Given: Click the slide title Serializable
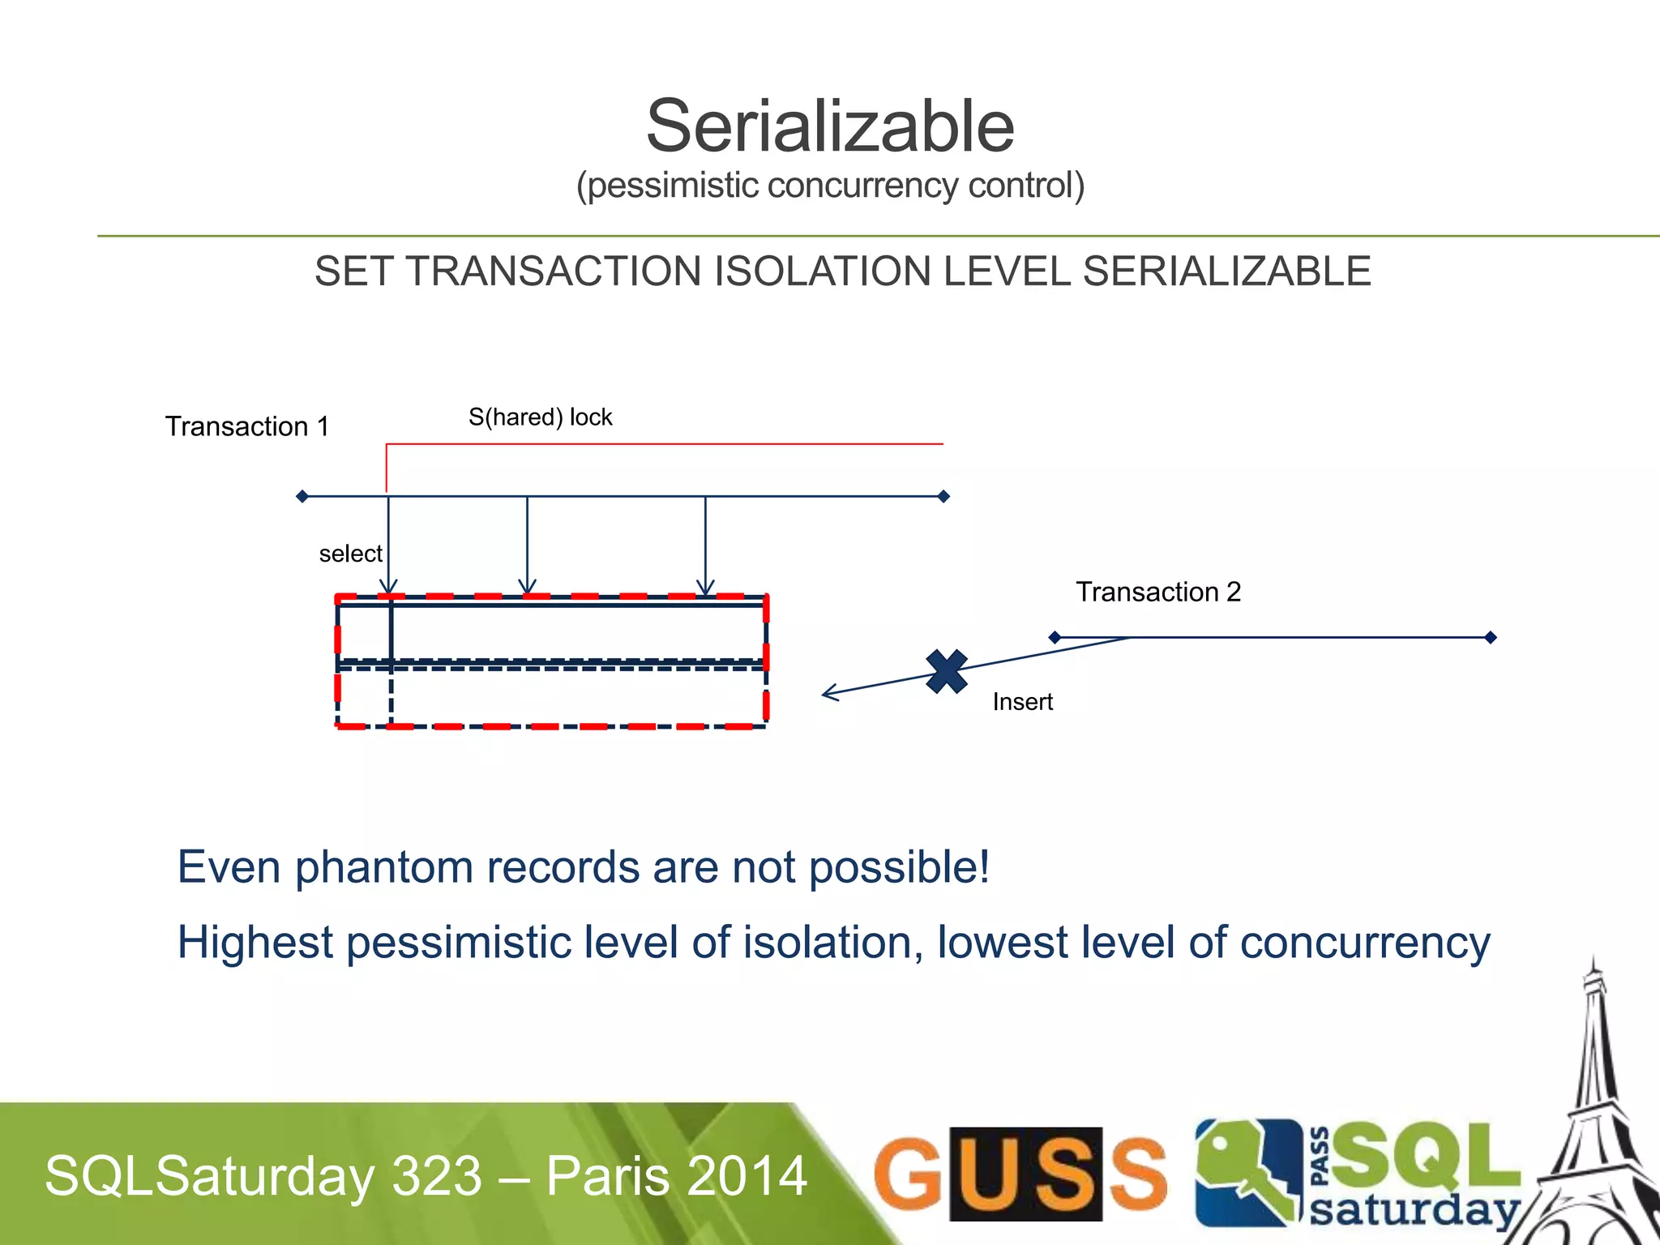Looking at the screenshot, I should pos(830,127).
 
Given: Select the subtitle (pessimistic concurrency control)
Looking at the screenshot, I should pos(830,186).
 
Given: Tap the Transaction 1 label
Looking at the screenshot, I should pos(247,426).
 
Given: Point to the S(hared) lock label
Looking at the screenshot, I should pos(540,417).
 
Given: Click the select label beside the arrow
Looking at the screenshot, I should pos(350,554).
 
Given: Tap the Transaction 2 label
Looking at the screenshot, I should pos(1158,592).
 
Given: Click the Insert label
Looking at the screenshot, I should pos(1022,702).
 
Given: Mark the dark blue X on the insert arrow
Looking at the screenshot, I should pos(947,671).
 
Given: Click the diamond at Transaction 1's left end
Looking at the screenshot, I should pos(302,496).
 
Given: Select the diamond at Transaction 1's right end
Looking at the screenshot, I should pos(943,496).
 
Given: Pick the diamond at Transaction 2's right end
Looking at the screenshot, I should pos(1490,638).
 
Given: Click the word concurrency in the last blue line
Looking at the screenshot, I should pos(1365,943).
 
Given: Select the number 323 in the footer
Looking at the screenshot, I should pos(438,1176).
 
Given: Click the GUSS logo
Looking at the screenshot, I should pos(1020,1174).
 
